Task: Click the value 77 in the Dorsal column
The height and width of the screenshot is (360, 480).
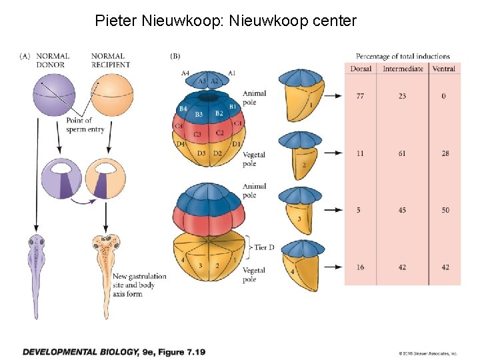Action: (x=361, y=97)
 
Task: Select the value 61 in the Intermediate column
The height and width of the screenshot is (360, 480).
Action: (x=403, y=153)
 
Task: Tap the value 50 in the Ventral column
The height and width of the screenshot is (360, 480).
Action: (x=445, y=210)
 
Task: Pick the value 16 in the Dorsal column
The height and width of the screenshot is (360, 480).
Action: (x=361, y=267)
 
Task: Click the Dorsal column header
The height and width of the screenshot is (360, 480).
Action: (x=361, y=69)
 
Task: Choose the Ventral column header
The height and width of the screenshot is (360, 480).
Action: (x=444, y=69)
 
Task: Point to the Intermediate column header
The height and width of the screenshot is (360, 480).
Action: (x=403, y=69)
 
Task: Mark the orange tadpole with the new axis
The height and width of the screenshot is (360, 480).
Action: (x=106, y=267)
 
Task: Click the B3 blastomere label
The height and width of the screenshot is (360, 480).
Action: (x=199, y=115)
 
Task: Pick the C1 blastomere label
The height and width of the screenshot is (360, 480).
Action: (x=239, y=123)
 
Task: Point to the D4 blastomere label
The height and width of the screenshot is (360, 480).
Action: (x=180, y=144)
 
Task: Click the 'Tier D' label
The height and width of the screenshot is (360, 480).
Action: (x=261, y=247)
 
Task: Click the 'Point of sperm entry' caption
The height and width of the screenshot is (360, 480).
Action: (x=85, y=125)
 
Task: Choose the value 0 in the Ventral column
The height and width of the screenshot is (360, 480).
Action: (x=444, y=97)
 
